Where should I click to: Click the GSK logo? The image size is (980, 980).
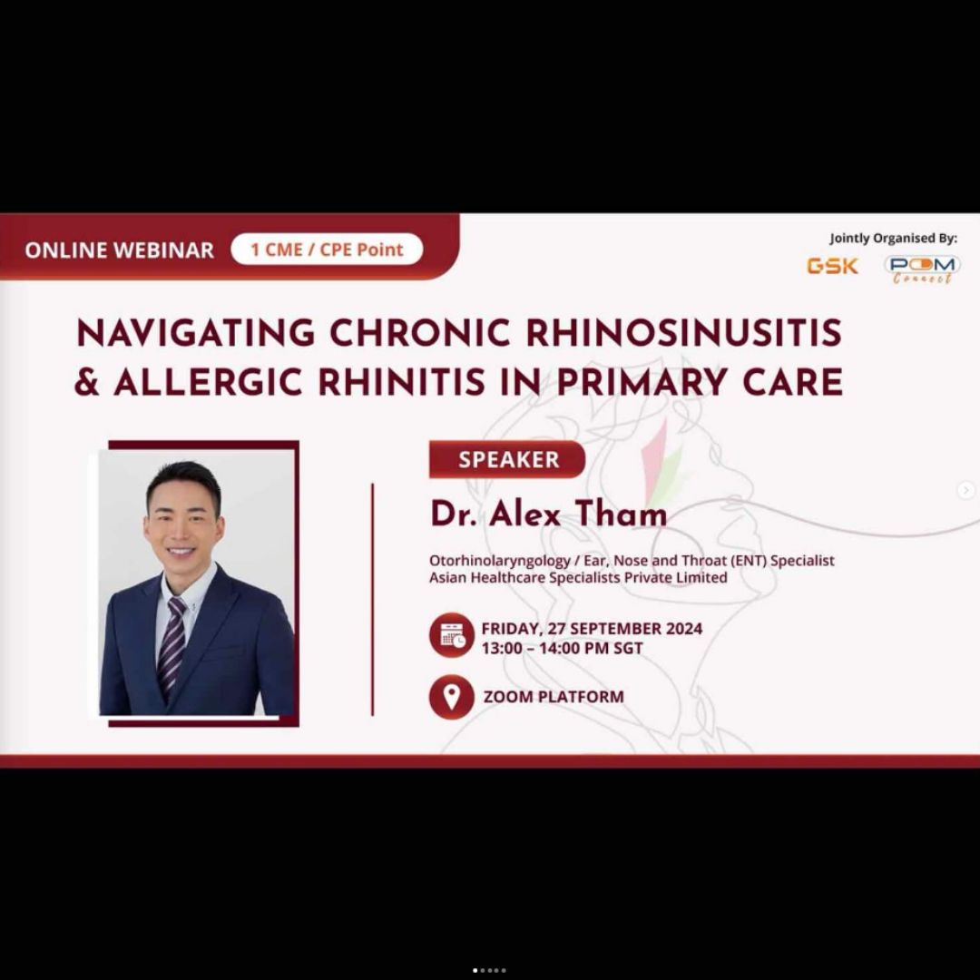832,266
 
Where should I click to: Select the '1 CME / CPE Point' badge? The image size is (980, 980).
327,250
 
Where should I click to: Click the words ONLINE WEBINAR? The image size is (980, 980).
120,250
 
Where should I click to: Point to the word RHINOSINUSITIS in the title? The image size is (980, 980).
684,332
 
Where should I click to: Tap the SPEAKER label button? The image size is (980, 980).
507,459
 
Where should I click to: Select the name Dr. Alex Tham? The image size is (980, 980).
548,514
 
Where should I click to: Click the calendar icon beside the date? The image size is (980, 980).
451,635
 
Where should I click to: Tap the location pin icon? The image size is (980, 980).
451,697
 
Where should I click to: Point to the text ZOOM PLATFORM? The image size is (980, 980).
554,697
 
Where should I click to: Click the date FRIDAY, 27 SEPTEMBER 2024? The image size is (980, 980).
592,628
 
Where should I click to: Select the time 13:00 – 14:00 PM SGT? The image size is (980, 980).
562,649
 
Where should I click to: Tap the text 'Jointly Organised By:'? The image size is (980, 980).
893,239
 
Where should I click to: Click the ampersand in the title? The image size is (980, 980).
87,382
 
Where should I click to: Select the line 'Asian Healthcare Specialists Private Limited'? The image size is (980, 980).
578,577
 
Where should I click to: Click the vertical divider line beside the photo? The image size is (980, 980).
373,599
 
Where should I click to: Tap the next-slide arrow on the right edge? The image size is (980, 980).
965,490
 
